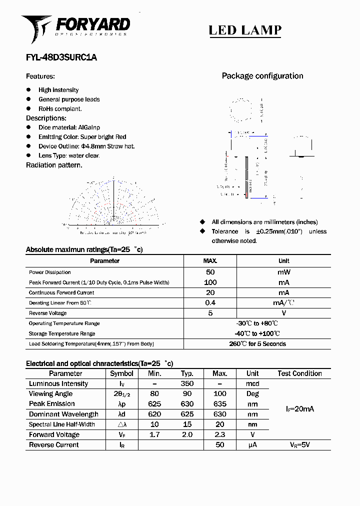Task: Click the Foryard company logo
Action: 75,27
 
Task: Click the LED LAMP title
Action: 244,30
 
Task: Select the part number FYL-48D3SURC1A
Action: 61,57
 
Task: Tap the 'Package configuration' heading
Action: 262,76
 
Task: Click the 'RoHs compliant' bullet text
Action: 60,108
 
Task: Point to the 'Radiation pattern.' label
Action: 54,165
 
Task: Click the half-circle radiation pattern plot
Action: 113,202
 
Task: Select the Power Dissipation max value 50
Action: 210,272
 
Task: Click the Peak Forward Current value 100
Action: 210,282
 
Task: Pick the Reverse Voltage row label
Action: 47,313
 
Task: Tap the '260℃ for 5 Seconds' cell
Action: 257,344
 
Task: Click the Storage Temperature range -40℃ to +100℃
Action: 257,333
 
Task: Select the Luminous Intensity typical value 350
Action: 187,384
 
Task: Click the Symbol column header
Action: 121,373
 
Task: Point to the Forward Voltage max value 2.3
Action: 219,434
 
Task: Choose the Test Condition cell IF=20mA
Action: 299,409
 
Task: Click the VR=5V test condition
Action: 299,444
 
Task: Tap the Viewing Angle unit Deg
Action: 252,394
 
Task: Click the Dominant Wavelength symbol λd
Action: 121,414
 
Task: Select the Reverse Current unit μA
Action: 252,444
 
